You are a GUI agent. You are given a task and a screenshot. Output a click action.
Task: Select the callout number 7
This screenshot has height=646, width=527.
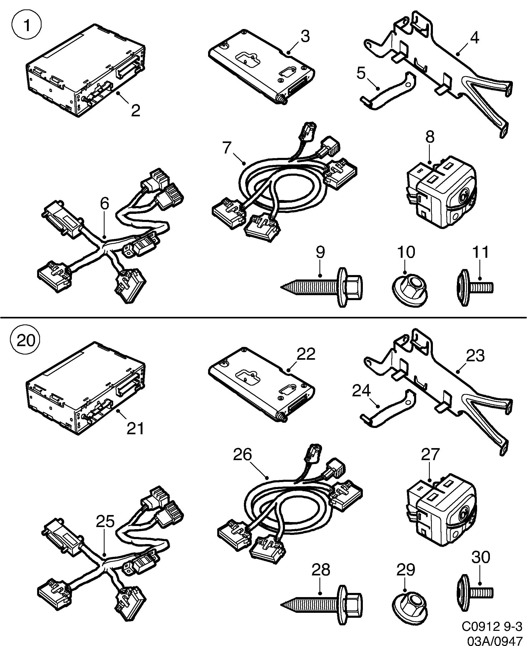(227, 148)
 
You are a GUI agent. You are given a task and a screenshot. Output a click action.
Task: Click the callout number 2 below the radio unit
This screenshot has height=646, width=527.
(135, 111)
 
